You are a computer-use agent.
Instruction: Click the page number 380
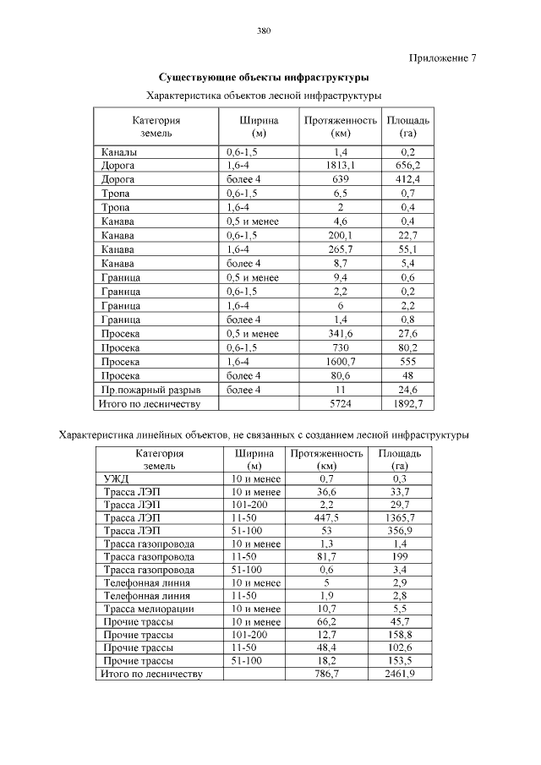pos(263,31)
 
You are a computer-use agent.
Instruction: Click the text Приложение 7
pos(443,58)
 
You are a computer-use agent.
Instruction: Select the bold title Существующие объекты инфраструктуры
pos(263,78)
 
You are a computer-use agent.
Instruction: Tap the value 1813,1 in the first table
pos(340,166)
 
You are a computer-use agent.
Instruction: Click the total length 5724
pos(340,404)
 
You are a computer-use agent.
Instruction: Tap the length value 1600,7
pos(340,362)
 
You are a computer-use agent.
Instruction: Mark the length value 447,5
pos(326,517)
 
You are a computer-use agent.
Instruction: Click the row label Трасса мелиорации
pos(149,609)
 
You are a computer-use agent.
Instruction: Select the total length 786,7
pos(326,675)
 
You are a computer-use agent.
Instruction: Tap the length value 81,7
pos(326,556)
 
